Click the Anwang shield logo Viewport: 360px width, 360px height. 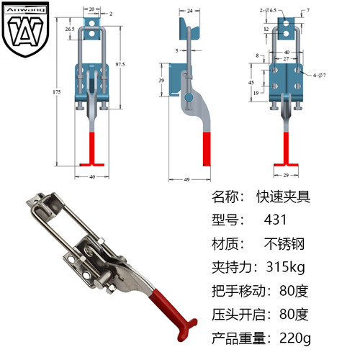click(x=23, y=30)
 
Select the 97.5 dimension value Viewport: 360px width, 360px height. click(x=120, y=64)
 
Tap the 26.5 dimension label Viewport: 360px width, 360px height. click(x=70, y=28)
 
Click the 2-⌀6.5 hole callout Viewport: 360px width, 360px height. click(x=269, y=11)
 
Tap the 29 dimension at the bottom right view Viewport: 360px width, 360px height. click(x=285, y=174)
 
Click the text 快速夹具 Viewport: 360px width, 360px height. click(x=285, y=197)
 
